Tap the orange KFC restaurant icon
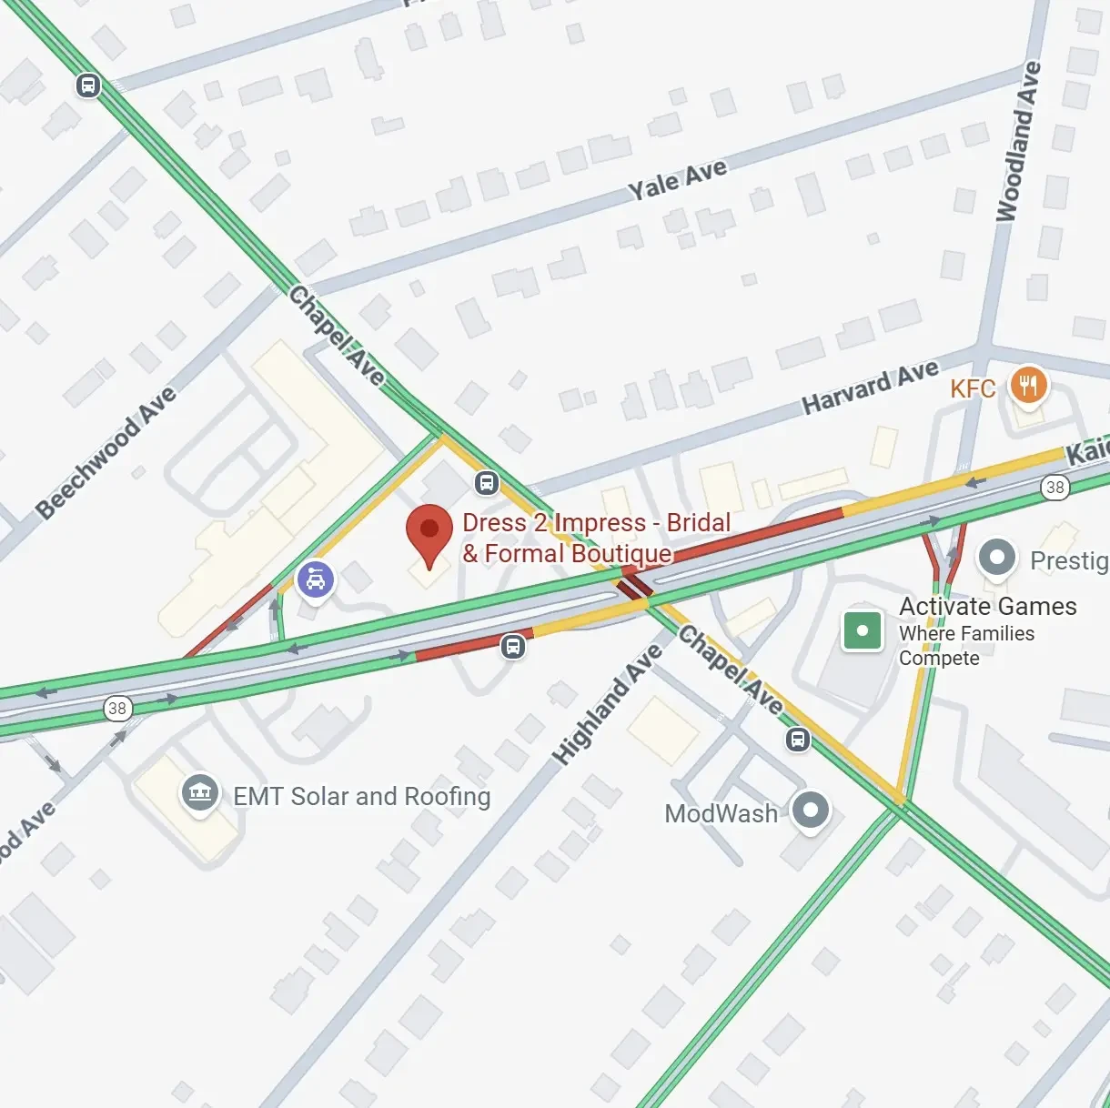[x=1029, y=385]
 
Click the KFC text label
[x=972, y=389]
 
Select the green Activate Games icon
[x=862, y=630]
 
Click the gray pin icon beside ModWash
[x=810, y=809]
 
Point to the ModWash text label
[x=721, y=813]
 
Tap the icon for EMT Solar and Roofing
[x=199, y=792]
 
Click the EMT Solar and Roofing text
[x=361, y=797]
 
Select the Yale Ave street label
[x=678, y=179]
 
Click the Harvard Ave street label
[x=870, y=388]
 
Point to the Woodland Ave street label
[x=1018, y=142]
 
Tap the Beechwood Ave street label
[x=106, y=452]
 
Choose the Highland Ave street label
[x=608, y=704]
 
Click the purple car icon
[x=315, y=579]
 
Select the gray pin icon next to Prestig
[x=996, y=558]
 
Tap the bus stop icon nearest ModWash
[x=798, y=739]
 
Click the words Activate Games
[x=987, y=607]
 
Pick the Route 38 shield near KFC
[x=1054, y=487]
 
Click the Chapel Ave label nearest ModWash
[x=731, y=670]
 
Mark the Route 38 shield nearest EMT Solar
[x=117, y=708]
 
